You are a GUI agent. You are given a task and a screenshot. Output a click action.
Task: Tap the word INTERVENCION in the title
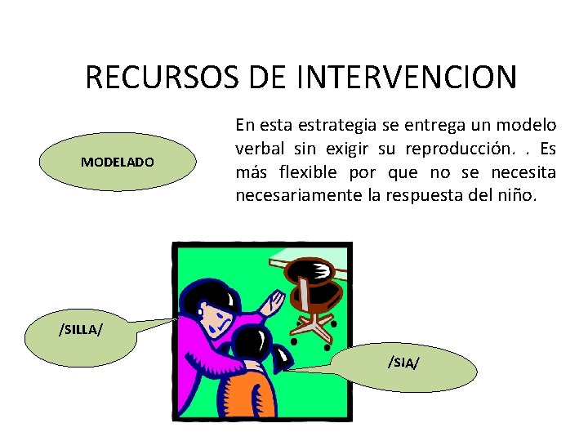click(x=406, y=78)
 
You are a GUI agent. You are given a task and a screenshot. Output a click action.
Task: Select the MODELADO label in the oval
click(x=117, y=163)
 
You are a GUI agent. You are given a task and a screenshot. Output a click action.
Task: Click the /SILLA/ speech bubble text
click(x=80, y=329)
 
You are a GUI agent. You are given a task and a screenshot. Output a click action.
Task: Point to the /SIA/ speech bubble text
click(x=404, y=362)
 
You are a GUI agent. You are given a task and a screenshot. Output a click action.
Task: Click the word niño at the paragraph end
click(x=516, y=196)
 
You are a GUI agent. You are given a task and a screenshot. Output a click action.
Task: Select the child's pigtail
click(x=281, y=355)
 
